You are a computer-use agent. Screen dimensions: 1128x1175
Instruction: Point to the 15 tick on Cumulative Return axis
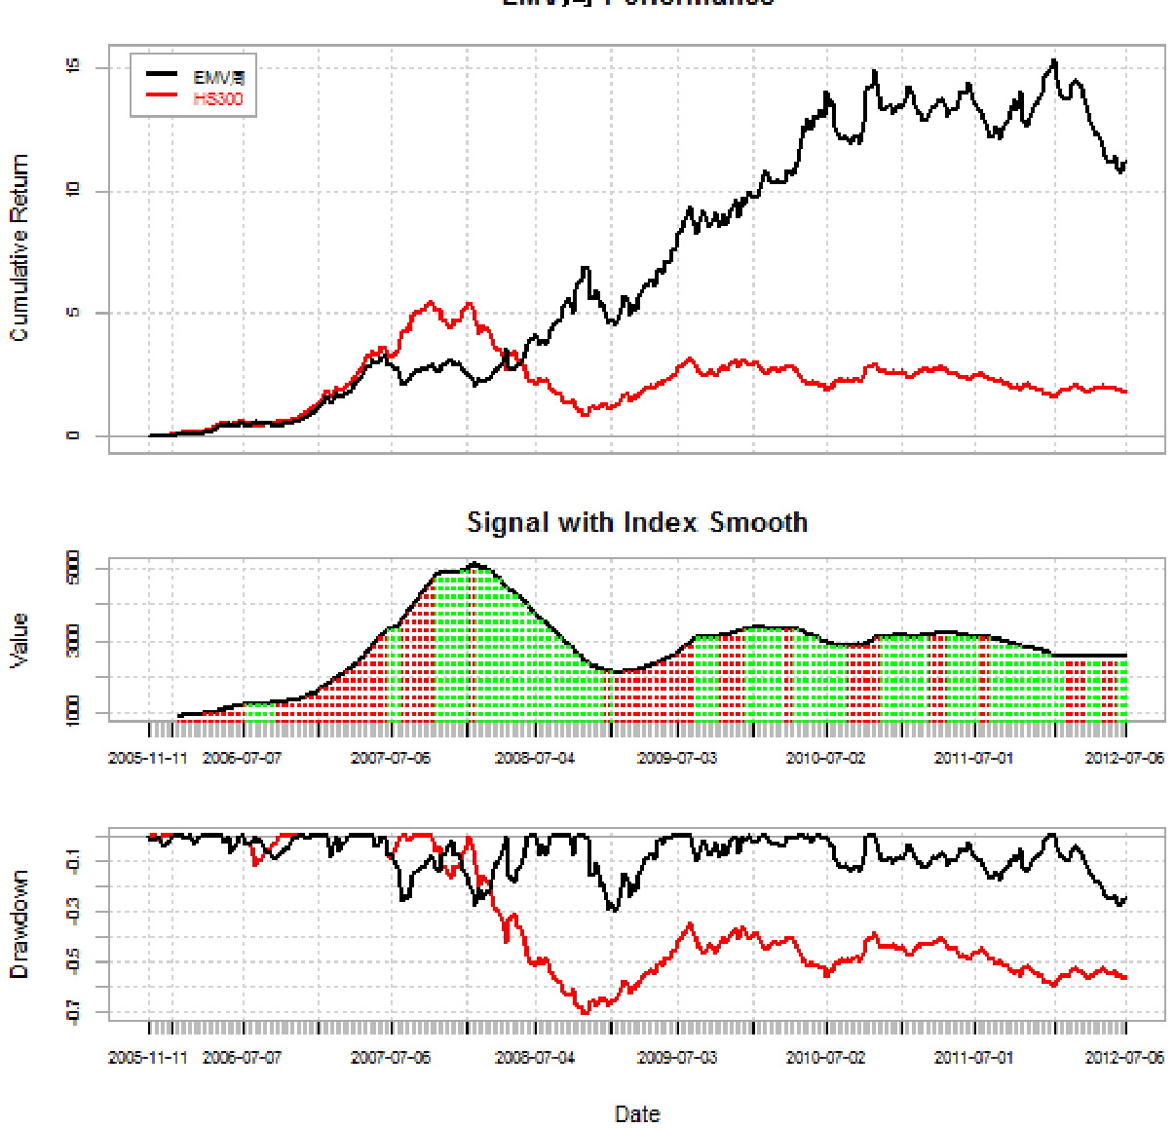73,67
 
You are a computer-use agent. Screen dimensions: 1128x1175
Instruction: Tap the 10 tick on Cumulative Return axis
73,190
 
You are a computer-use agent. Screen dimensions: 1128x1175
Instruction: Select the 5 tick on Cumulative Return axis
73,313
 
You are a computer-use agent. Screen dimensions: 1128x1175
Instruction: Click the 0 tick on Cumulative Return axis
73,435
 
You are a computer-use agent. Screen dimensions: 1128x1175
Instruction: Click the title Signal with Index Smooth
637,523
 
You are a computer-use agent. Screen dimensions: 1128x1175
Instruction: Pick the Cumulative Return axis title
19,247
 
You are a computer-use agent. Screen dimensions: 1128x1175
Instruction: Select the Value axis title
19,640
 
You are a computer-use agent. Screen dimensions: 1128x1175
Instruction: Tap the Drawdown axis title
19,924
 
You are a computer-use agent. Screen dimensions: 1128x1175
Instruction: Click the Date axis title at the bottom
637,1113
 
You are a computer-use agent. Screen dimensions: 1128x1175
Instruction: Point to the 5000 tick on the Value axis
73,568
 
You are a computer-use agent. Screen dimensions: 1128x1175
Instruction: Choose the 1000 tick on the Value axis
73,712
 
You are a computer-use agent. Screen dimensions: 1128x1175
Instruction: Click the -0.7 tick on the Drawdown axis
73,1013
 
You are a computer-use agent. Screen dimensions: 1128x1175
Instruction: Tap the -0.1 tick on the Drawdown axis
73,861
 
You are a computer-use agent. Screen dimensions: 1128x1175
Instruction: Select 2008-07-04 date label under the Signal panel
535,758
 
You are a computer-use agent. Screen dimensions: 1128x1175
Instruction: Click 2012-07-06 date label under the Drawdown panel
1124,1058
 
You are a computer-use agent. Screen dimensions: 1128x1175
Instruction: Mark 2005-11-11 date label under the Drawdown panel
148,1058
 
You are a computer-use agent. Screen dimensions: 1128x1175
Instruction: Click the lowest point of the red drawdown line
585,1013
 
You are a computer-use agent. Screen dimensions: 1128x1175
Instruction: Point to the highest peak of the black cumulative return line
1054,61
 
